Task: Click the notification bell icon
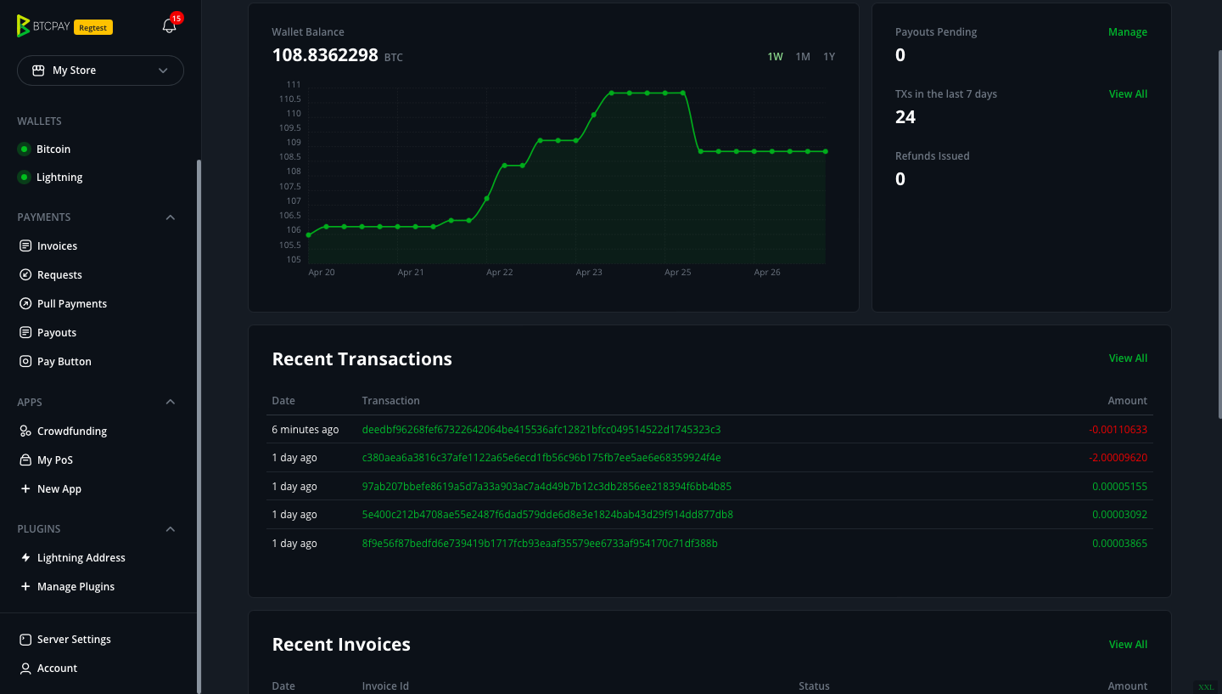click(x=169, y=26)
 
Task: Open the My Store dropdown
click(x=100, y=71)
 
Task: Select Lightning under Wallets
click(x=59, y=178)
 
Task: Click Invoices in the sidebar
click(x=57, y=246)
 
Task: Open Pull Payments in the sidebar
click(x=71, y=304)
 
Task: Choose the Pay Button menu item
click(x=64, y=362)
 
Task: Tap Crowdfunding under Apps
click(x=71, y=432)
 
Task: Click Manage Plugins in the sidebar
click(x=76, y=587)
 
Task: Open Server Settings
click(x=74, y=640)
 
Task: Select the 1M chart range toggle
click(x=802, y=57)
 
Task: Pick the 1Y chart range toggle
click(x=829, y=57)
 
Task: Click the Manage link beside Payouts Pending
click(x=1127, y=32)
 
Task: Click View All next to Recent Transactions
click(x=1128, y=358)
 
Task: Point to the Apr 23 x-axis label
click(x=589, y=273)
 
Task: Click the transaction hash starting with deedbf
click(x=541, y=430)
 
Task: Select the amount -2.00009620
click(x=1117, y=458)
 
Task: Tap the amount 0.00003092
click(x=1119, y=515)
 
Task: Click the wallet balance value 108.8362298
click(x=324, y=56)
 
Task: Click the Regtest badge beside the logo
click(x=93, y=27)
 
